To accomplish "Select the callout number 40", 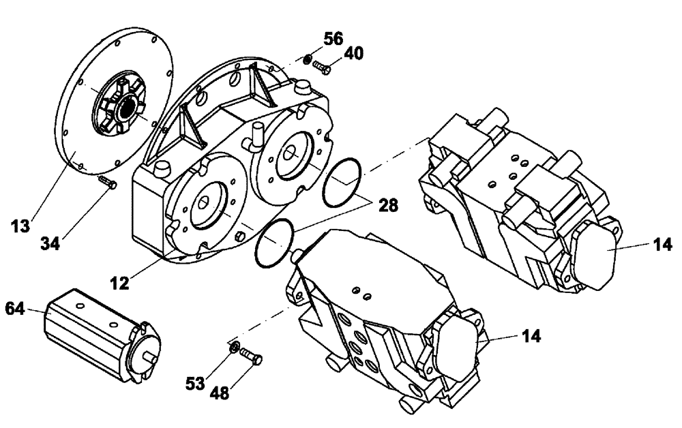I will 353,53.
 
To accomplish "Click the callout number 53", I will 196,384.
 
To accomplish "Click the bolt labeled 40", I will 322,67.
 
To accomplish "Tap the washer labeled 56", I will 308,59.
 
